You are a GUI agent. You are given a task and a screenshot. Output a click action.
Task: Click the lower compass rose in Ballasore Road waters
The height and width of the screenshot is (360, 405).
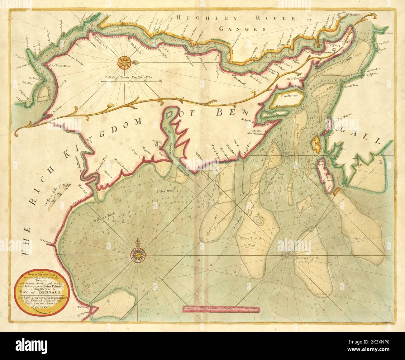tap(137, 254)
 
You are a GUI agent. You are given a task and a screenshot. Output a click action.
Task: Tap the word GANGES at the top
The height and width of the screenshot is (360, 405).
tap(242, 29)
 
